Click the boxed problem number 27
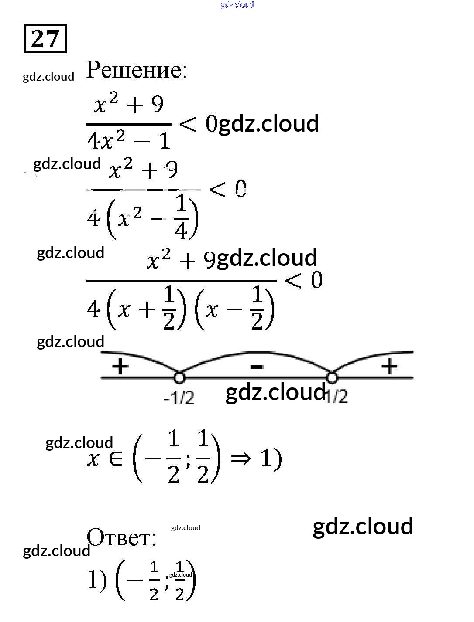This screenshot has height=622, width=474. (x=45, y=39)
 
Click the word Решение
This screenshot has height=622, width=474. (x=137, y=70)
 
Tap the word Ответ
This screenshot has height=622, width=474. (x=121, y=537)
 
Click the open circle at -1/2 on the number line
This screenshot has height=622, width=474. (x=179, y=377)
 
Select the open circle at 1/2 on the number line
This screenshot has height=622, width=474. (x=332, y=377)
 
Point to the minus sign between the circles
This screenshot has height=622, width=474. (x=257, y=367)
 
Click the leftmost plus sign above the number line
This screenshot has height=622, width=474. (x=120, y=366)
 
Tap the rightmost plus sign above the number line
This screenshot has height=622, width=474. (x=389, y=366)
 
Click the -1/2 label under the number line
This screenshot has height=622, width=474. (x=179, y=398)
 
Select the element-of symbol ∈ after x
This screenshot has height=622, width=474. (x=116, y=459)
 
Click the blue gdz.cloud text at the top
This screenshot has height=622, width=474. (x=237, y=5)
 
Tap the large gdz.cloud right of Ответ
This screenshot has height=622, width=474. (x=363, y=526)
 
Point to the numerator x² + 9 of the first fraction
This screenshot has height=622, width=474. (x=129, y=105)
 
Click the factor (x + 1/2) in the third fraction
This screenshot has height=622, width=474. (x=146, y=309)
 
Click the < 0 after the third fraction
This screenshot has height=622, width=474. (x=304, y=280)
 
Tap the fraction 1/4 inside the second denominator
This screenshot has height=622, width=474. (x=181, y=218)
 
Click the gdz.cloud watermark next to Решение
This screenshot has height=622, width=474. (x=48, y=77)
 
